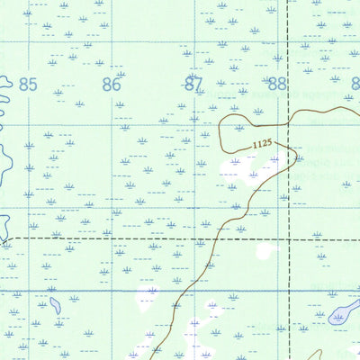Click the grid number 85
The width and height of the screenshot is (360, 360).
click(x=28, y=85)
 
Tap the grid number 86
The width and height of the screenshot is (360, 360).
click(x=111, y=85)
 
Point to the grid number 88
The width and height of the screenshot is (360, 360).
click(x=277, y=85)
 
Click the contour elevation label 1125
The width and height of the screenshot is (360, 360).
click(x=262, y=144)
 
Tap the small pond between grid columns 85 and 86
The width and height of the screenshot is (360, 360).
click(x=55, y=306)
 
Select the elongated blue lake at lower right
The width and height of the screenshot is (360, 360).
click(x=345, y=313)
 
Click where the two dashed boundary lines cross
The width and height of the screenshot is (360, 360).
click(x=288, y=240)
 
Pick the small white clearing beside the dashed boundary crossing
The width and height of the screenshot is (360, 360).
click(x=263, y=251)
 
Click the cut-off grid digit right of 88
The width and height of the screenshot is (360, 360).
click(x=355, y=85)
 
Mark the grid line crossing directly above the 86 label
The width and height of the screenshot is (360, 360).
click(x=112, y=41)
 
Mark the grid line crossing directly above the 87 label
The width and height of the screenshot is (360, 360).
click(x=195, y=41)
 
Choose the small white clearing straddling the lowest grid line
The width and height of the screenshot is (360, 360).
click(x=147, y=293)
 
